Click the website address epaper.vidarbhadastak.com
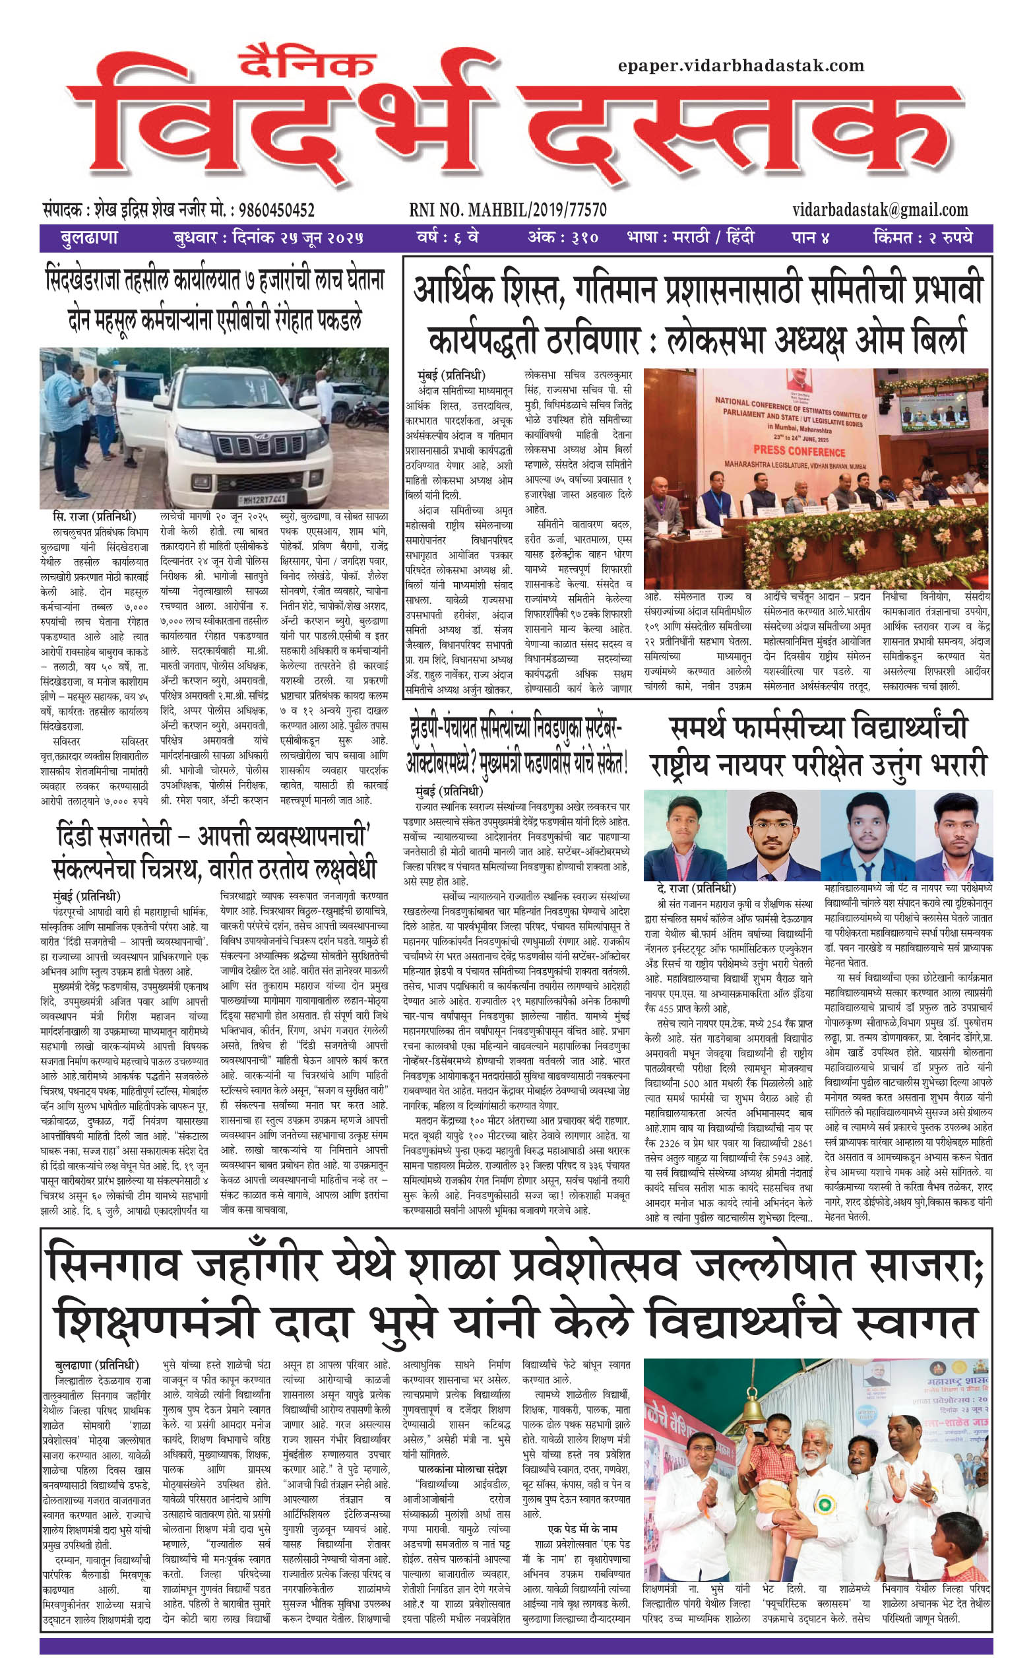(741, 65)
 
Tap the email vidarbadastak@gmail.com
(881, 210)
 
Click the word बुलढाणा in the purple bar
(89, 238)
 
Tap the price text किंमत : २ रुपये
(922, 238)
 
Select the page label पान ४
(810, 238)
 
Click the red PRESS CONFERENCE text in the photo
(799, 451)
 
